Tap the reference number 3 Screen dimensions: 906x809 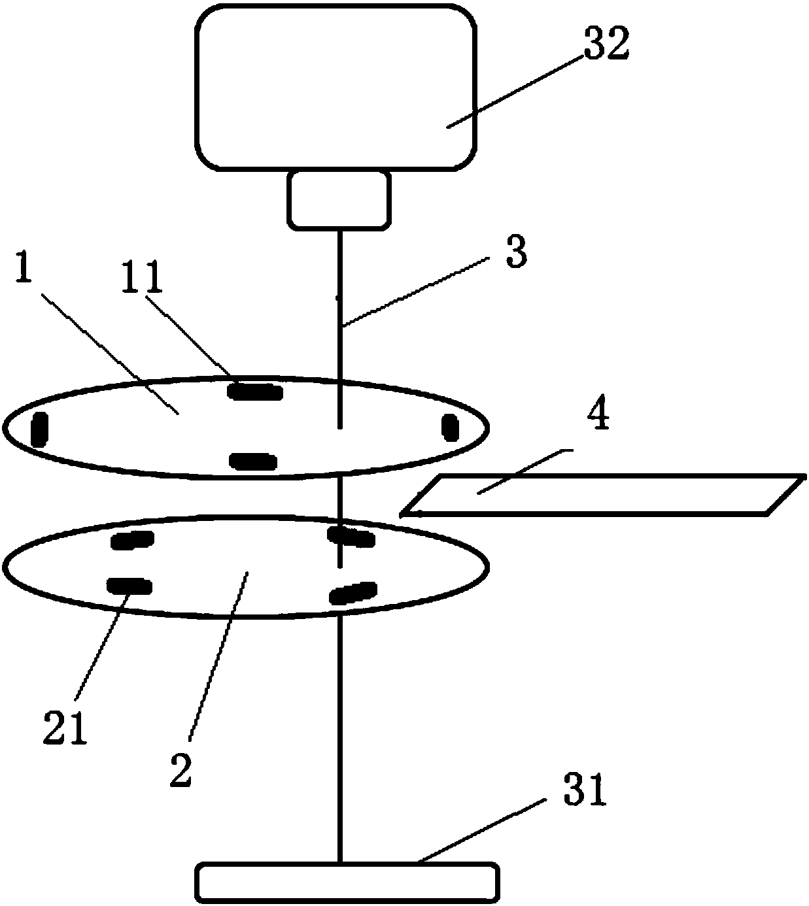(x=516, y=253)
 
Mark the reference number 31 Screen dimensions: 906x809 (x=585, y=792)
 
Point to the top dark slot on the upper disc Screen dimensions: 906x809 (x=254, y=392)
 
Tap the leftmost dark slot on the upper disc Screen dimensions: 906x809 (x=40, y=429)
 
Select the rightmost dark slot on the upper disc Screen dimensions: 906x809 (x=451, y=427)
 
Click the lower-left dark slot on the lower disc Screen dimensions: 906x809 (x=129, y=586)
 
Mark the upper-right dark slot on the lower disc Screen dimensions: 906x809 (x=351, y=537)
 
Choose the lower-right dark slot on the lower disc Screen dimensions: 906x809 (x=353, y=592)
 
